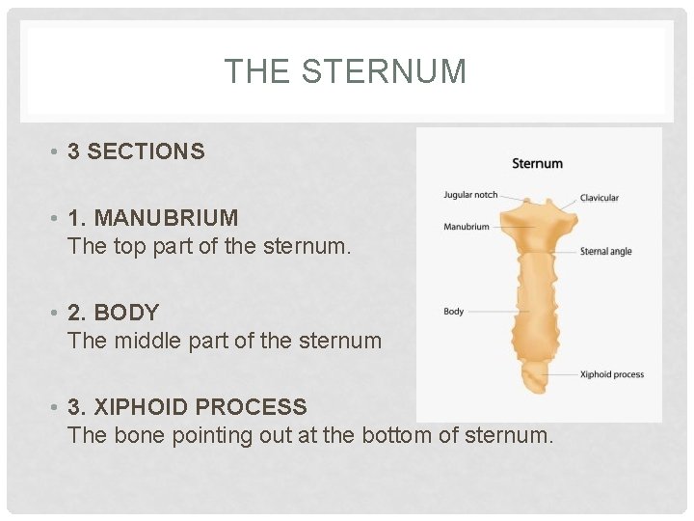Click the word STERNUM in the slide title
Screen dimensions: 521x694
click(384, 71)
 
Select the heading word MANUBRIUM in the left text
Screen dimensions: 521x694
click(166, 218)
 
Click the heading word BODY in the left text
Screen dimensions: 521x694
click(126, 313)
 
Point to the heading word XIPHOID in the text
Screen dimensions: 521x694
click(141, 407)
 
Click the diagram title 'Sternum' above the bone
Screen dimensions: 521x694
click(537, 163)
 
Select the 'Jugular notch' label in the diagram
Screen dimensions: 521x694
click(470, 195)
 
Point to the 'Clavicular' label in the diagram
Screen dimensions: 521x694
click(599, 198)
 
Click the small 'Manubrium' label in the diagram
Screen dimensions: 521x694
click(467, 227)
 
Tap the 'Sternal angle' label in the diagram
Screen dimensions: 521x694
click(605, 252)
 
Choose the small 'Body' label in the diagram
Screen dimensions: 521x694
click(453, 312)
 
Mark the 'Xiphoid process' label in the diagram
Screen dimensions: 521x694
click(612, 374)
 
